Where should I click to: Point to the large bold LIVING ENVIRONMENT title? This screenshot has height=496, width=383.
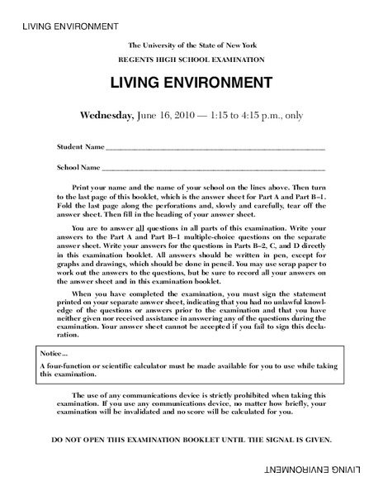point(190,83)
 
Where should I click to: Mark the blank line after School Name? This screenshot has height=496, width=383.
point(214,169)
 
